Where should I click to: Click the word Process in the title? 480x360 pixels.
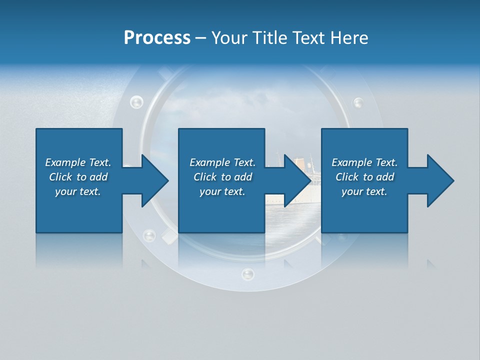157,38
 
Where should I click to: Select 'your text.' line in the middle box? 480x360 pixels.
222,191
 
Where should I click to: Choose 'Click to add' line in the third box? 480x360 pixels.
364,177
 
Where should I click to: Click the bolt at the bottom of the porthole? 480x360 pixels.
247,273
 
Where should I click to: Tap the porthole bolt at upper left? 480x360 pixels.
136,102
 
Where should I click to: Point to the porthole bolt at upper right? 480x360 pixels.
358,103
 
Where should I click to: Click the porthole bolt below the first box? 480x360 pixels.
149,235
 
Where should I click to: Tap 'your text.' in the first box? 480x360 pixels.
78,191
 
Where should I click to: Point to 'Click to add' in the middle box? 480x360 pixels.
222,177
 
